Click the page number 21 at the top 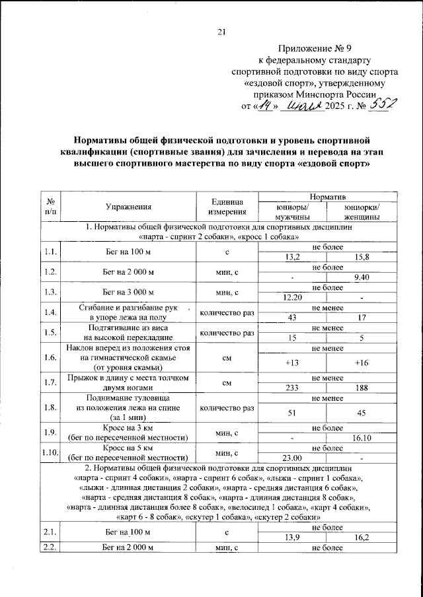pyautogui.click(x=221, y=32)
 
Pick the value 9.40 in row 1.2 pyautogui.click(x=362, y=277)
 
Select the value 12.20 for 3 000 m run pyautogui.click(x=292, y=297)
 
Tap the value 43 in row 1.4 pyautogui.click(x=292, y=318)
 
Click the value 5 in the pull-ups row pyautogui.click(x=362, y=338)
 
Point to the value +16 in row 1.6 pyautogui.click(x=362, y=362)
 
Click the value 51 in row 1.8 pyautogui.click(x=292, y=414)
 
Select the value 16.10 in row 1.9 pyautogui.click(x=362, y=437)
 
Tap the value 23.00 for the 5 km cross pyautogui.click(x=292, y=458)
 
